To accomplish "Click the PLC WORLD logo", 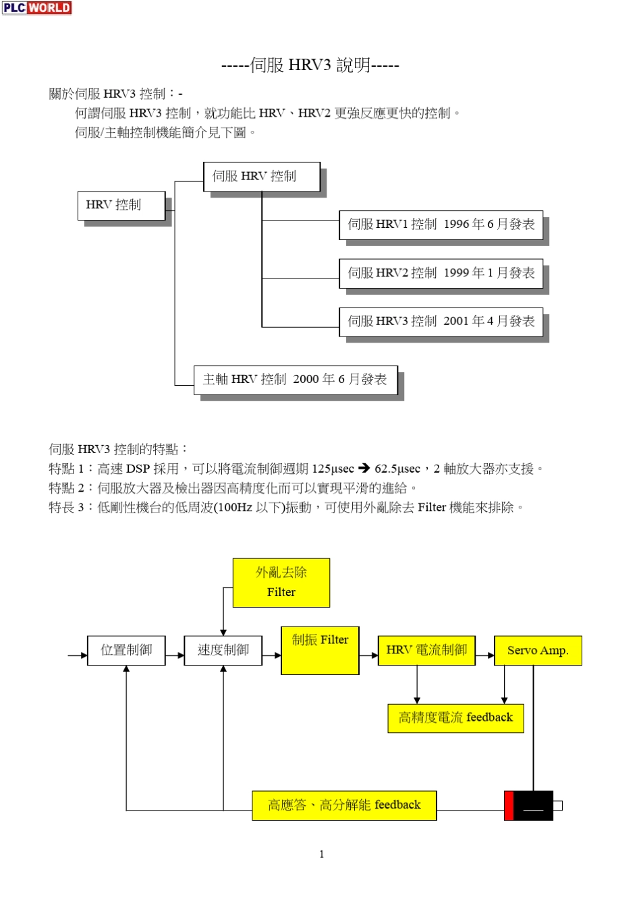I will click(x=36, y=8).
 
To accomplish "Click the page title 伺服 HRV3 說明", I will click(x=310, y=65).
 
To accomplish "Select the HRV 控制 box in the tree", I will click(x=121, y=205).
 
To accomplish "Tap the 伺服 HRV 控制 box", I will click(x=262, y=177).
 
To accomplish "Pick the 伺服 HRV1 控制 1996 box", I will click(x=441, y=225).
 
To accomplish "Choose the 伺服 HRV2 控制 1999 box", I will click(x=441, y=273).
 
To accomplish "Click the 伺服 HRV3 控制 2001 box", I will click(x=441, y=322).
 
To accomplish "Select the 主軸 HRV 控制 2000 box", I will click(x=296, y=380).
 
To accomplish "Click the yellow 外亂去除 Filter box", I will click(x=281, y=583).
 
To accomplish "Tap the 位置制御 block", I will click(x=126, y=651).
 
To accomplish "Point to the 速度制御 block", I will click(x=223, y=651).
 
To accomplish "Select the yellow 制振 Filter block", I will click(x=320, y=651).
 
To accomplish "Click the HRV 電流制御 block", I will click(x=426, y=651).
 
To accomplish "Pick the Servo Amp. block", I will click(x=538, y=651).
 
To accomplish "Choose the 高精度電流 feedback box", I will click(x=455, y=718).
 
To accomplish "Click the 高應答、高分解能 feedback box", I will click(x=344, y=805).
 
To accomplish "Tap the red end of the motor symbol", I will click(x=509, y=806).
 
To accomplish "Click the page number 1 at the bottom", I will click(x=321, y=854).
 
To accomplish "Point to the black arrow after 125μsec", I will click(x=364, y=468).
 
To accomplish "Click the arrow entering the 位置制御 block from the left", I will click(x=78, y=655).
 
